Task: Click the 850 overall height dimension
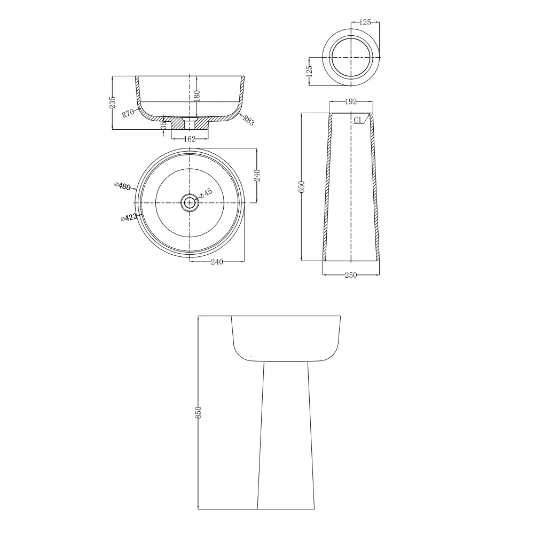tap(199, 412)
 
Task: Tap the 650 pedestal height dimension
tap(302, 187)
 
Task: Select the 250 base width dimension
tap(351, 275)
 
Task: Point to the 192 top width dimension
tap(351, 101)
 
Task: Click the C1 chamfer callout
tap(357, 120)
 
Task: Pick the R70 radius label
tap(128, 113)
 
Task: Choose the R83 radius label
tap(249, 120)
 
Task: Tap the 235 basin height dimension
tap(112, 103)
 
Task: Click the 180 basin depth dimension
tap(197, 96)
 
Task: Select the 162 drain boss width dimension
tap(190, 139)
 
